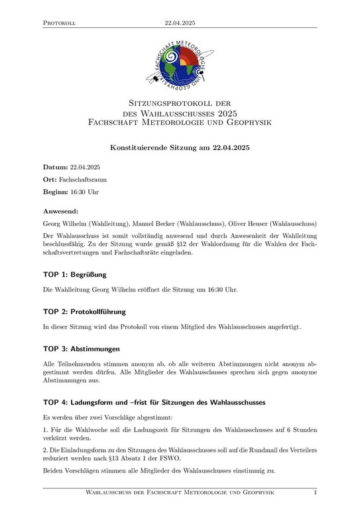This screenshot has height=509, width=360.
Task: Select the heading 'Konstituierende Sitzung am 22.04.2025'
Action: click(180, 147)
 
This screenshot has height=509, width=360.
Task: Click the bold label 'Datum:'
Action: click(55, 167)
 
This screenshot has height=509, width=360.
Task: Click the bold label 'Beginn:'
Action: click(56, 192)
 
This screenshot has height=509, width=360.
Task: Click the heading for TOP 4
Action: click(154, 402)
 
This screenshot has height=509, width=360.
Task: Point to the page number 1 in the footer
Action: click(315, 492)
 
